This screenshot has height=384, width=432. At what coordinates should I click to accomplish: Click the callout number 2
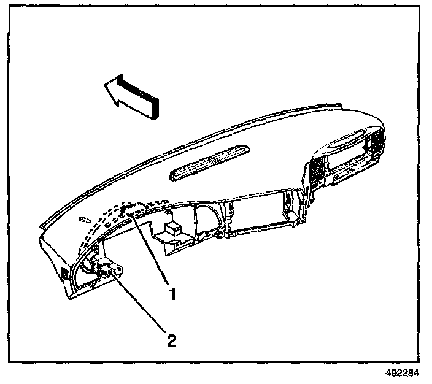click(172, 338)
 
